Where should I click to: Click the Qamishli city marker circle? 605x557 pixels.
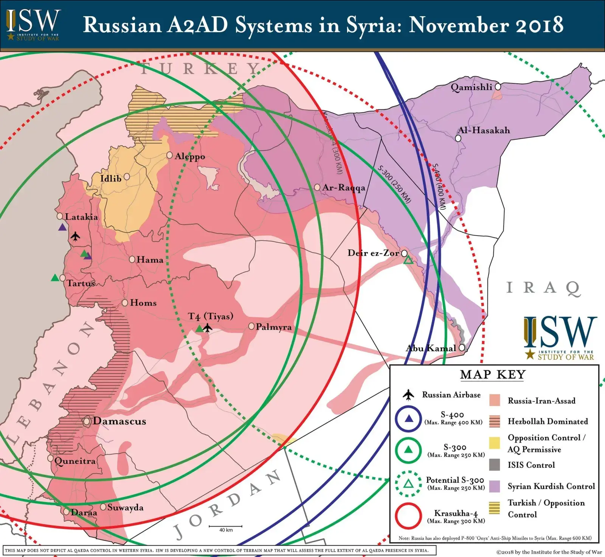[498, 87]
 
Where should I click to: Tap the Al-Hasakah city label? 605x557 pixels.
[484, 130]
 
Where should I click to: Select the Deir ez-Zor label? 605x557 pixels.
[373, 253]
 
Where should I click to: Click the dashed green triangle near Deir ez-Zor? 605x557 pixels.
[408, 260]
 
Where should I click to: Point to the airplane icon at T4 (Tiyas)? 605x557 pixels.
[207, 328]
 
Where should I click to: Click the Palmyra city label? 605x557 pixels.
[273, 327]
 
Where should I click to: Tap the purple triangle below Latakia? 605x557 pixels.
[62, 227]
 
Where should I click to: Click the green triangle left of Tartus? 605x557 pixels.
[55, 278]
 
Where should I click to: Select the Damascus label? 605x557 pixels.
[119, 421]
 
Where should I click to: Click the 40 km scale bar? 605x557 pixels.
[226, 527]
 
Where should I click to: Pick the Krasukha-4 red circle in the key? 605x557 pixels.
[408, 516]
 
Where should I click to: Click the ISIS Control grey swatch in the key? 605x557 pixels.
[494, 465]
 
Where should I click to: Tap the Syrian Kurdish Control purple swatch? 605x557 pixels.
[494, 486]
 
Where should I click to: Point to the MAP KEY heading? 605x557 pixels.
[493, 374]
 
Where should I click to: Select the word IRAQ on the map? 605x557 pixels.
[543, 288]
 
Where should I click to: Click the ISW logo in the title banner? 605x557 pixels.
[33, 23]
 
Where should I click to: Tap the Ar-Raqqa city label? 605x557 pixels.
[344, 187]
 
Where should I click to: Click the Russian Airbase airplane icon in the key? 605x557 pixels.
[408, 395]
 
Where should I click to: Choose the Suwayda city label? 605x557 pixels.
[125, 507]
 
